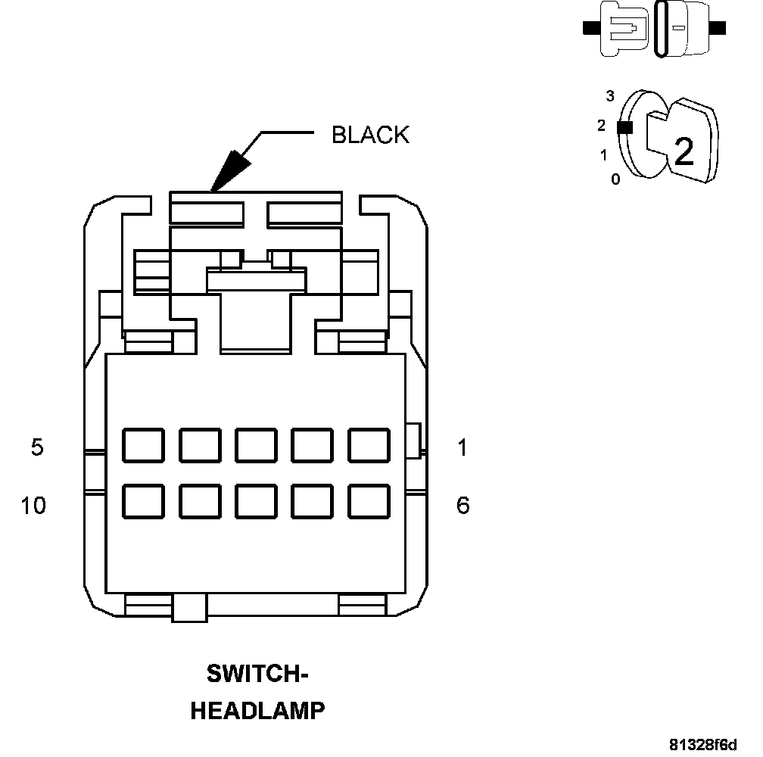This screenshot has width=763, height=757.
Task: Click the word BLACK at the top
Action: click(x=370, y=135)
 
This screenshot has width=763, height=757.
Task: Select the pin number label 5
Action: click(x=37, y=447)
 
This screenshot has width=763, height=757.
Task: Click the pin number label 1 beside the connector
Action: click(x=462, y=448)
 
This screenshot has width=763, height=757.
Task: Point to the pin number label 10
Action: click(x=33, y=505)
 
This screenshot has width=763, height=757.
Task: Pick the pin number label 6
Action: click(x=462, y=505)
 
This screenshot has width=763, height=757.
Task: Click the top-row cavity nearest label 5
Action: click(x=144, y=445)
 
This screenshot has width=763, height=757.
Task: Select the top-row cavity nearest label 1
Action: click(x=369, y=445)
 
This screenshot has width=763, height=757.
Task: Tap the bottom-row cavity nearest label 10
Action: click(x=144, y=500)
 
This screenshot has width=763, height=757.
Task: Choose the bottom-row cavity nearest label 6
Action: click(x=369, y=500)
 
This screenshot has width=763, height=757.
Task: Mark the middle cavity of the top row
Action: click(x=256, y=445)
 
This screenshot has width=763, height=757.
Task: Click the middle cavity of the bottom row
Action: click(x=256, y=500)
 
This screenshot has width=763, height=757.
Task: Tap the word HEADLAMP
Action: click(x=257, y=711)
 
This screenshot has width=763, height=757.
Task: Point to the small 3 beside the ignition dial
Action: click(x=610, y=96)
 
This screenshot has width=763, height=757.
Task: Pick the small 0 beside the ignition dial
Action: click(x=615, y=179)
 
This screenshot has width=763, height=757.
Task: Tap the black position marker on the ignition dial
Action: click(x=624, y=128)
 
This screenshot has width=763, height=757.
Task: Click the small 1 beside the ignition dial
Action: click(x=603, y=155)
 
